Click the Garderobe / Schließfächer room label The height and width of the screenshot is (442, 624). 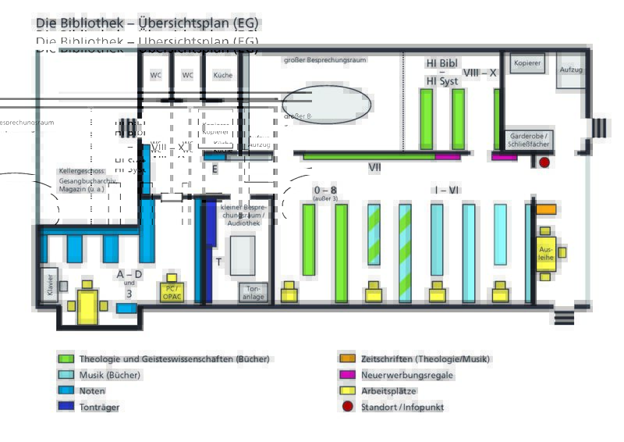(x=529, y=140)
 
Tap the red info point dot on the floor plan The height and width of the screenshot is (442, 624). (x=544, y=162)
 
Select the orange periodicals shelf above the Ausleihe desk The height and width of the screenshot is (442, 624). (x=546, y=209)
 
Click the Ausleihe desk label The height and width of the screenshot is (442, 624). (x=546, y=253)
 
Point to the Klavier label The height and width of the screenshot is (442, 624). (x=50, y=286)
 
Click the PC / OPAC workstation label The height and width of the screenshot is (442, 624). (x=172, y=292)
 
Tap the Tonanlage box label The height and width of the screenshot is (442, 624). (x=253, y=292)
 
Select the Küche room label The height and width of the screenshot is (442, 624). (x=222, y=75)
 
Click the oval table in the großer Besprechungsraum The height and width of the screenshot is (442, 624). (x=326, y=104)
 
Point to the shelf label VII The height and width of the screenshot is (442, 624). (x=374, y=167)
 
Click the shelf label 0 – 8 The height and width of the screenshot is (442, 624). (x=324, y=191)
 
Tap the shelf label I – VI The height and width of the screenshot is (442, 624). (x=446, y=191)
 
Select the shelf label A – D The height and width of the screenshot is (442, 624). (x=129, y=274)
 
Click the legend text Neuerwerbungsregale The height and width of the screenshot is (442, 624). (x=406, y=376)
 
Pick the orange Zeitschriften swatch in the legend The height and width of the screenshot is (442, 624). (x=348, y=359)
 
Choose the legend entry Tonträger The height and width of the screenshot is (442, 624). (x=99, y=407)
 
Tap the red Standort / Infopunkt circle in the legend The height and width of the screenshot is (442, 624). (x=348, y=407)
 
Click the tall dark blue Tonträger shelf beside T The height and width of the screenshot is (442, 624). (x=207, y=250)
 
